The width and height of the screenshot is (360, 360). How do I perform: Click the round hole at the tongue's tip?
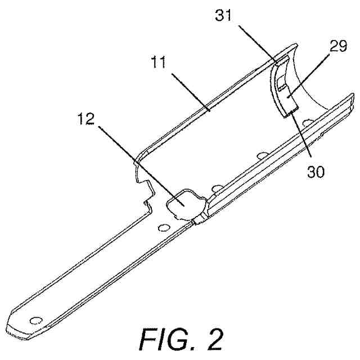click(37, 320)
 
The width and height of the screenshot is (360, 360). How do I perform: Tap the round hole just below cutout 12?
click(163, 227)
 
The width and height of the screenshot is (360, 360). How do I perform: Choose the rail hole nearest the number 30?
click(307, 122)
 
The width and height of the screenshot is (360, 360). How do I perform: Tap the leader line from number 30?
click(301, 141)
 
